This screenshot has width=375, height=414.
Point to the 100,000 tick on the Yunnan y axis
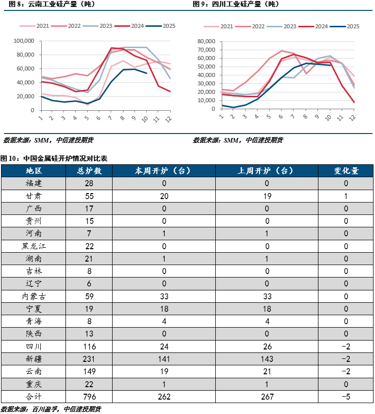pos(23,41)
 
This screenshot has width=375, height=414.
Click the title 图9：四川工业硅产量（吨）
pos(236,4)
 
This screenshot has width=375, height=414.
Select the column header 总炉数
pos(90,171)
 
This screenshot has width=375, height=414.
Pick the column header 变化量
pos(346,171)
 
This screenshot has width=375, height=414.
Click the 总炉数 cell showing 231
pos(90,359)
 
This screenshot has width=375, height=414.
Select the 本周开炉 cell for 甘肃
pos(164,196)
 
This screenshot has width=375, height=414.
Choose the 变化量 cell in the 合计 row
pos(346,397)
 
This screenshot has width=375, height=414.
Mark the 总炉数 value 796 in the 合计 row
pos(90,397)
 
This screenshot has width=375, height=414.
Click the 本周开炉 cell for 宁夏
pos(164,309)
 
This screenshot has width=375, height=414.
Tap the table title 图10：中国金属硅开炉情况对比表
pos(54,158)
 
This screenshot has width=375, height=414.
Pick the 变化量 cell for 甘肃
pos(346,196)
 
